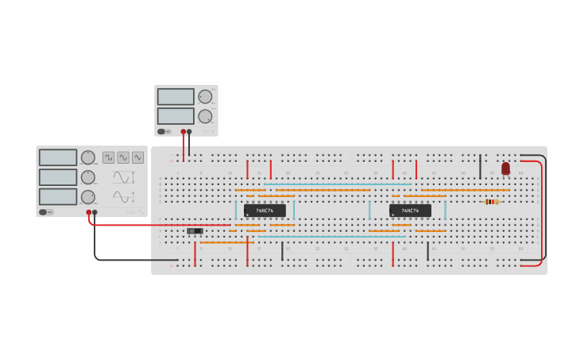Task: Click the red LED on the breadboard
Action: click(x=505, y=168)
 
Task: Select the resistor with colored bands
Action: click(x=492, y=202)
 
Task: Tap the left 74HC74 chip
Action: click(x=265, y=211)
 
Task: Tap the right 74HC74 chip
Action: click(x=410, y=211)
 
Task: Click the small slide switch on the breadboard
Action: click(x=195, y=231)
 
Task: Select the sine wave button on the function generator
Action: click(x=123, y=157)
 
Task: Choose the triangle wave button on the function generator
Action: click(x=138, y=157)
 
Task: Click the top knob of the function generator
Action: click(x=87, y=157)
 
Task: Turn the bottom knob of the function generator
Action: click(x=87, y=196)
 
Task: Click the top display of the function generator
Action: click(x=58, y=157)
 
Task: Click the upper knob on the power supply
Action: click(x=205, y=96)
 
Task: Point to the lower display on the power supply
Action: click(x=176, y=116)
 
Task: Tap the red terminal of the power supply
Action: click(x=183, y=132)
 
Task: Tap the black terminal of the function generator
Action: click(x=95, y=212)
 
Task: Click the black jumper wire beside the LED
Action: click(x=480, y=167)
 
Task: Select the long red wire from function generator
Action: click(x=159, y=225)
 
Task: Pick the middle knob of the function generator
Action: click(x=87, y=177)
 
